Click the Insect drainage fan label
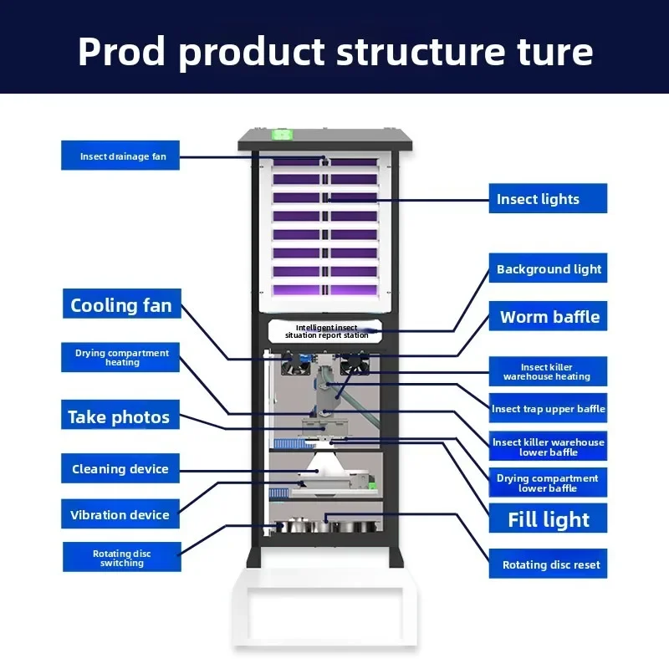pos(120,156)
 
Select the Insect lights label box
pos(548,198)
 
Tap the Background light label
pos(548,268)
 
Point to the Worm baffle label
pos(548,316)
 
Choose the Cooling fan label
pos(122,304)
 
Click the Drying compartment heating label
pos(120,357)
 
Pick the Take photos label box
pos(120,415)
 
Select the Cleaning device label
pos(120,468)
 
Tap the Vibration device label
pos(120,513)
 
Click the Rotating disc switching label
pos(122,557)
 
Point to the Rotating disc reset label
pos(548,564)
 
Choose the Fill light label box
pos(548,518)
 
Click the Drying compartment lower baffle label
pos(548,483)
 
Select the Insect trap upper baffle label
pos(548,408)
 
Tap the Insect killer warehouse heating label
pos(548,371)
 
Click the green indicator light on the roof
pos(282,135)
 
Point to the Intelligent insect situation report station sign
pos(325,331)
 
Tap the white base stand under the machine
pos(325,607)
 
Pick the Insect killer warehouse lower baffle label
pos(548,446)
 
